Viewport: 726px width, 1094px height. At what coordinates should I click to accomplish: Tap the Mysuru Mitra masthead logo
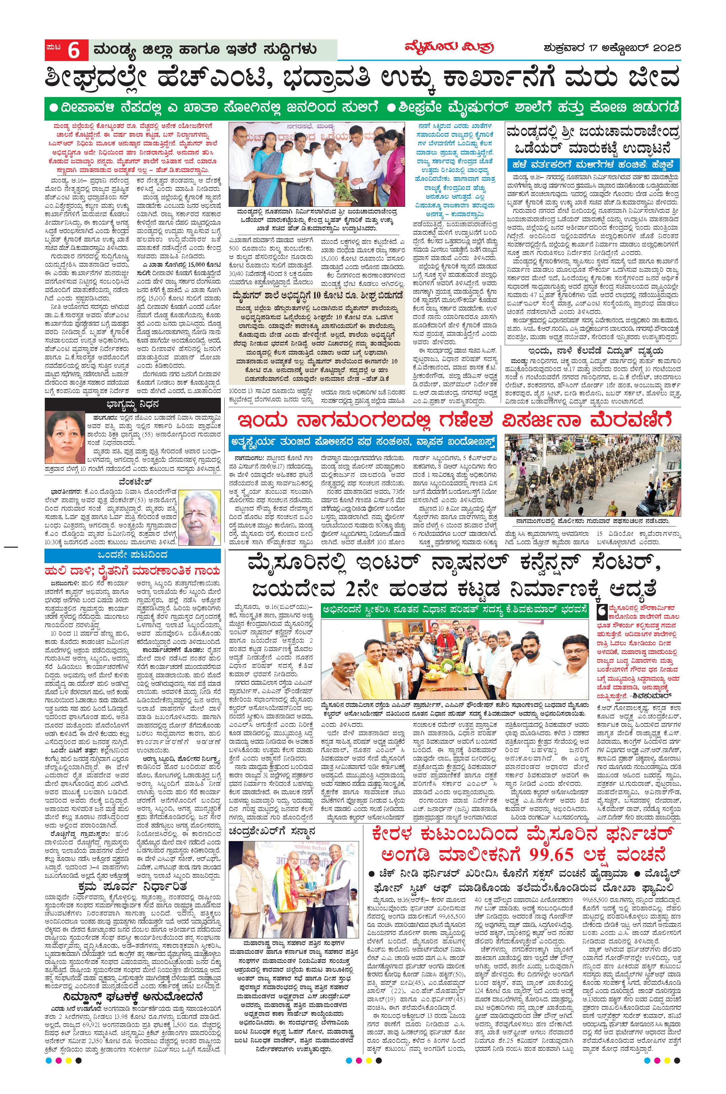pos(436,48)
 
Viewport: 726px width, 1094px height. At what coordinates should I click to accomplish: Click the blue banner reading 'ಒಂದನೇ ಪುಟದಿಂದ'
pos(132,555)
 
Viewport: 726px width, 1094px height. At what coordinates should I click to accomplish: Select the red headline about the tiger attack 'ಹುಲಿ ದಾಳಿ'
pos(132,570)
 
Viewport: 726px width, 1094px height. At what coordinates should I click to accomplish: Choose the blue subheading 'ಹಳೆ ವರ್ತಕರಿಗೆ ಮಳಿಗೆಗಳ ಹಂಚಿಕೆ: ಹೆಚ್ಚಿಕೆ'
pos(593,165)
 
